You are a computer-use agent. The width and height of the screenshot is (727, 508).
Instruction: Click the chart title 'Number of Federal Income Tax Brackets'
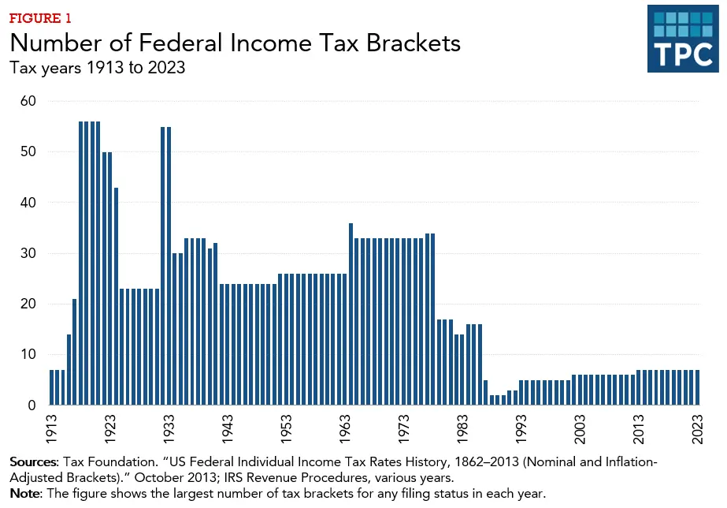[235, 43]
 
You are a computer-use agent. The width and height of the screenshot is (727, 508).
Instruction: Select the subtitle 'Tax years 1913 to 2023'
[97, 68]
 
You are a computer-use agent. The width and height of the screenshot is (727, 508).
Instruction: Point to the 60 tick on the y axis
[29, 101]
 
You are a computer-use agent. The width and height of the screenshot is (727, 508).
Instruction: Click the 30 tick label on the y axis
[29, 253]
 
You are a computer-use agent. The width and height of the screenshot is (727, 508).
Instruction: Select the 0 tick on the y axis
[33, 405]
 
